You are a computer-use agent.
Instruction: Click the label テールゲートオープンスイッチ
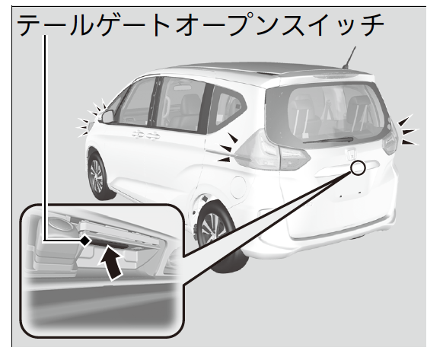(x=200, y=25)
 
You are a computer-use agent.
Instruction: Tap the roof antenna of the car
(x=349, y=58)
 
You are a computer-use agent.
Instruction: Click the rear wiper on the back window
(x=328, y=140)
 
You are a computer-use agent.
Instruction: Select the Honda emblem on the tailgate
(x=351, y=155)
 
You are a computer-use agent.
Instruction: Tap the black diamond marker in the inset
(x=84, y=241)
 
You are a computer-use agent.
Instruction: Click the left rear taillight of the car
(x=272, y=151)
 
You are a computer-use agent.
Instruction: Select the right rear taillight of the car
(x=390, y=139)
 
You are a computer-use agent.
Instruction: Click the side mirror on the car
(x=107, y=116)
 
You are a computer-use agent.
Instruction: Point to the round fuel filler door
(x=238, y=187)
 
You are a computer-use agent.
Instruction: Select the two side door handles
(x=146, y=135)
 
